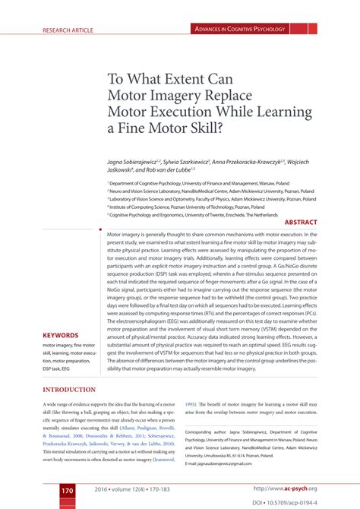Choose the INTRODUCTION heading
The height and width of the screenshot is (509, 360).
[69, 390]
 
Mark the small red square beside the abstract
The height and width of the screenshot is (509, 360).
[100, 227]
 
